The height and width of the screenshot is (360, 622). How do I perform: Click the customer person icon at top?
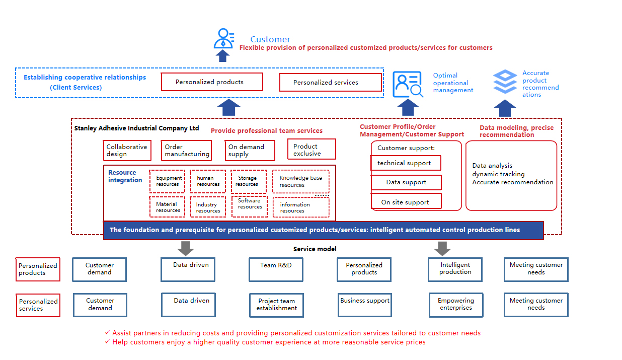224,38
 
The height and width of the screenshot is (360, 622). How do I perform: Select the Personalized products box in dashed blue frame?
211,82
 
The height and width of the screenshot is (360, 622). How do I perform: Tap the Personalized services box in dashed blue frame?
330,83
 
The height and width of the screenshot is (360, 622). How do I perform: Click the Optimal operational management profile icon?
408,84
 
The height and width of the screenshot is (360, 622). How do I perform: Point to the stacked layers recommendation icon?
505,82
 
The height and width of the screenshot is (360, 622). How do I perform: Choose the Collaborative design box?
127,150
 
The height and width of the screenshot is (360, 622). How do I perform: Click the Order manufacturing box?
186,150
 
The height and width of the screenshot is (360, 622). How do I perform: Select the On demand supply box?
250,150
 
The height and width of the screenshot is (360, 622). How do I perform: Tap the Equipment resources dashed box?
167,181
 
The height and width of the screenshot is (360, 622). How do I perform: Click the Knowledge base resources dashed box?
300,181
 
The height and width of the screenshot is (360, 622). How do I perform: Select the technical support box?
406,163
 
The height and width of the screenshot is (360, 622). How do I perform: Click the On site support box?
406,201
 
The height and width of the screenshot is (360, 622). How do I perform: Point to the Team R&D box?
276,269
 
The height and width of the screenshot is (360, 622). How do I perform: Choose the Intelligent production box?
455,269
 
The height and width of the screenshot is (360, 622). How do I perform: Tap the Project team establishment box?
276,305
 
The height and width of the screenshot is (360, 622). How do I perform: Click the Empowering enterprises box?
456,305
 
